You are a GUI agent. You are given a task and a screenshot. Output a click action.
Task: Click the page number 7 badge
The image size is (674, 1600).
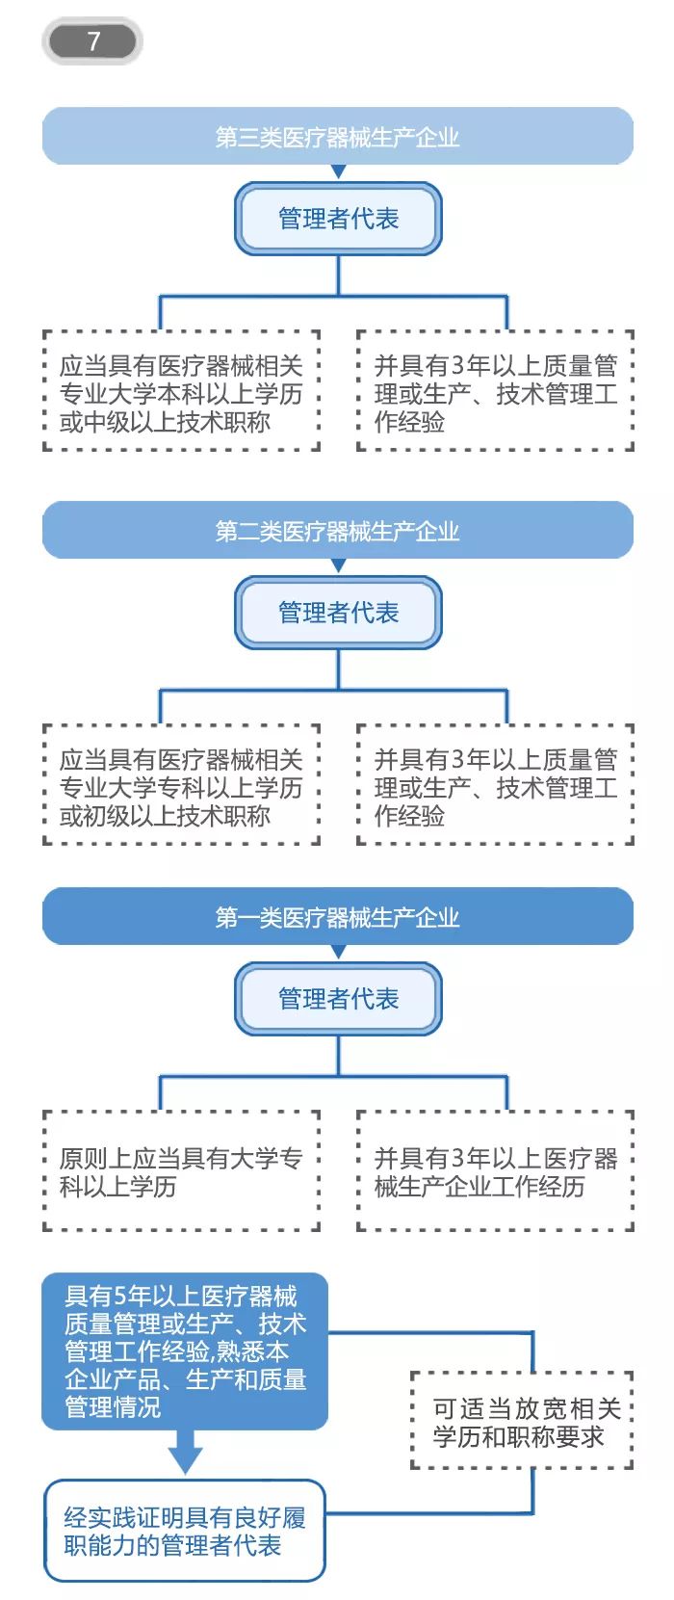[x=92, y=41]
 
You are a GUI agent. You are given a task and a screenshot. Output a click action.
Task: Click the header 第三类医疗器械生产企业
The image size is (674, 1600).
[x=337, y=137]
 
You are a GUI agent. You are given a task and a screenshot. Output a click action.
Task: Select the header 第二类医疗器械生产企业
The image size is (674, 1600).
[x=337, y=531]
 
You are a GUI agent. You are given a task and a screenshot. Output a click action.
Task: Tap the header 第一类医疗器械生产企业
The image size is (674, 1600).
[x=337, y=917]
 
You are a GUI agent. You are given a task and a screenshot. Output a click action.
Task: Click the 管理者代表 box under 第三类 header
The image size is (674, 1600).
[x=338, y=219]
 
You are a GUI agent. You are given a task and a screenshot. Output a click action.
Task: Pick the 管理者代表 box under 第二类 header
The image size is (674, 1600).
[x=338, y=613]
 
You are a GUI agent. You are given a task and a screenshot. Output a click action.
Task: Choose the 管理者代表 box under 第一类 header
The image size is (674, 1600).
[x=338, y=999]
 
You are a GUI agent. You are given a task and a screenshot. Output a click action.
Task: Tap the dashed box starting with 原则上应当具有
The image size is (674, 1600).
[x=181, y=1170]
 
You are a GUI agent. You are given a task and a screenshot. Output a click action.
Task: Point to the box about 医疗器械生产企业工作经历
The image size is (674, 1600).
[x=495, y=1170]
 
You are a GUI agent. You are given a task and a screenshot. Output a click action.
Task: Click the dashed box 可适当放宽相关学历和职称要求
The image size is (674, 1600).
[x=521, y=1422]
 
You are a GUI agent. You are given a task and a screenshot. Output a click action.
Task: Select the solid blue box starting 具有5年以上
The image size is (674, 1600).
[x=185, y=1351]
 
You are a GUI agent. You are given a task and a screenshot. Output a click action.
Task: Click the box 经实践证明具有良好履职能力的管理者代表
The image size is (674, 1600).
[x=185, y=1531]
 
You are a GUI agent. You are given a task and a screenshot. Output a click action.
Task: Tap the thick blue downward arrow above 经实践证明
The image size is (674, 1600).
[x=185, y=1450]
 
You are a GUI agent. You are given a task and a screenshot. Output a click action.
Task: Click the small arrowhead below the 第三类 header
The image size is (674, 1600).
[x=338, y=171]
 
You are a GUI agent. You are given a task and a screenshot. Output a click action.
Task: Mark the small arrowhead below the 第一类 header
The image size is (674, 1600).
[x=338, y=952]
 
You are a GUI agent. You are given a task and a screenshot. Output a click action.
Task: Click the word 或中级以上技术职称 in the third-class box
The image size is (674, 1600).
[x=165, y=422]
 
